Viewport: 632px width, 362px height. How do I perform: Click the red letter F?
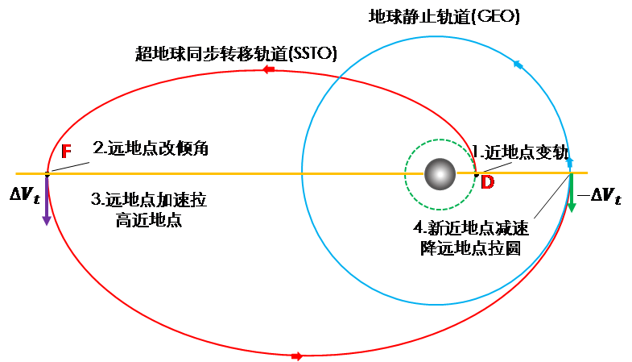[67, 152]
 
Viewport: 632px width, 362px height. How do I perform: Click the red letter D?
[487, 183]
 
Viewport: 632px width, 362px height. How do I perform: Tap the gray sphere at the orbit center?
[440, 173]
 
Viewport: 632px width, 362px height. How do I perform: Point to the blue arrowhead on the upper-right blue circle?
[517, 64]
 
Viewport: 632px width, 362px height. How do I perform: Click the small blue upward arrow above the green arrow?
[569, 162]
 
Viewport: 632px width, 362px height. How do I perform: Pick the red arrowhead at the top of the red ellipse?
[268, 69]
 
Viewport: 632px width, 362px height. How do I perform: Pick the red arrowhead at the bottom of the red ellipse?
[296, 356]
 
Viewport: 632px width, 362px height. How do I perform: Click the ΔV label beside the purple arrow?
[22, 194]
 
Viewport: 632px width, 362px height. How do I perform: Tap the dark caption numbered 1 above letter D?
[523, 151]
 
